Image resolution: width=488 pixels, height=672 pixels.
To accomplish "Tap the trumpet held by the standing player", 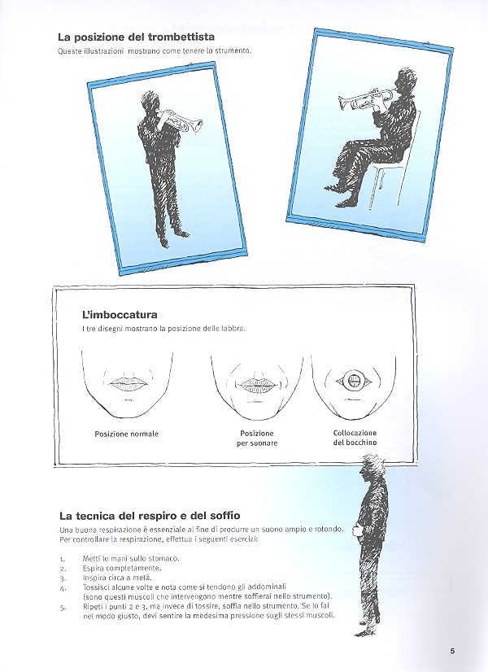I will (182, 121).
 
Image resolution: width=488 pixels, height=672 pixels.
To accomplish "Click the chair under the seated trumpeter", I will (390, 174).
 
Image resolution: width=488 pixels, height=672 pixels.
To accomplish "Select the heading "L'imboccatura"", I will (120, 314).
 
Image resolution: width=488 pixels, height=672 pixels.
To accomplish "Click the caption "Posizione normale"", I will (126, 434).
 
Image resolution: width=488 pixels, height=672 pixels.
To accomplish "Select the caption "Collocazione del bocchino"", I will (355, 438).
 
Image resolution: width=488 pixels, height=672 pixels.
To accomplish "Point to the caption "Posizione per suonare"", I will (257, 438).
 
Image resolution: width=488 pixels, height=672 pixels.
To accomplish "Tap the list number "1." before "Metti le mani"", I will (63, 558).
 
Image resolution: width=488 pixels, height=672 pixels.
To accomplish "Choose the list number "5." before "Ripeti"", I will (63, 607).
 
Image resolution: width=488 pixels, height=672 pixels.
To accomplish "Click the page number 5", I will (452, 650).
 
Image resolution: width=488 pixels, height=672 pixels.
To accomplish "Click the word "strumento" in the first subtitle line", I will (229, 51).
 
